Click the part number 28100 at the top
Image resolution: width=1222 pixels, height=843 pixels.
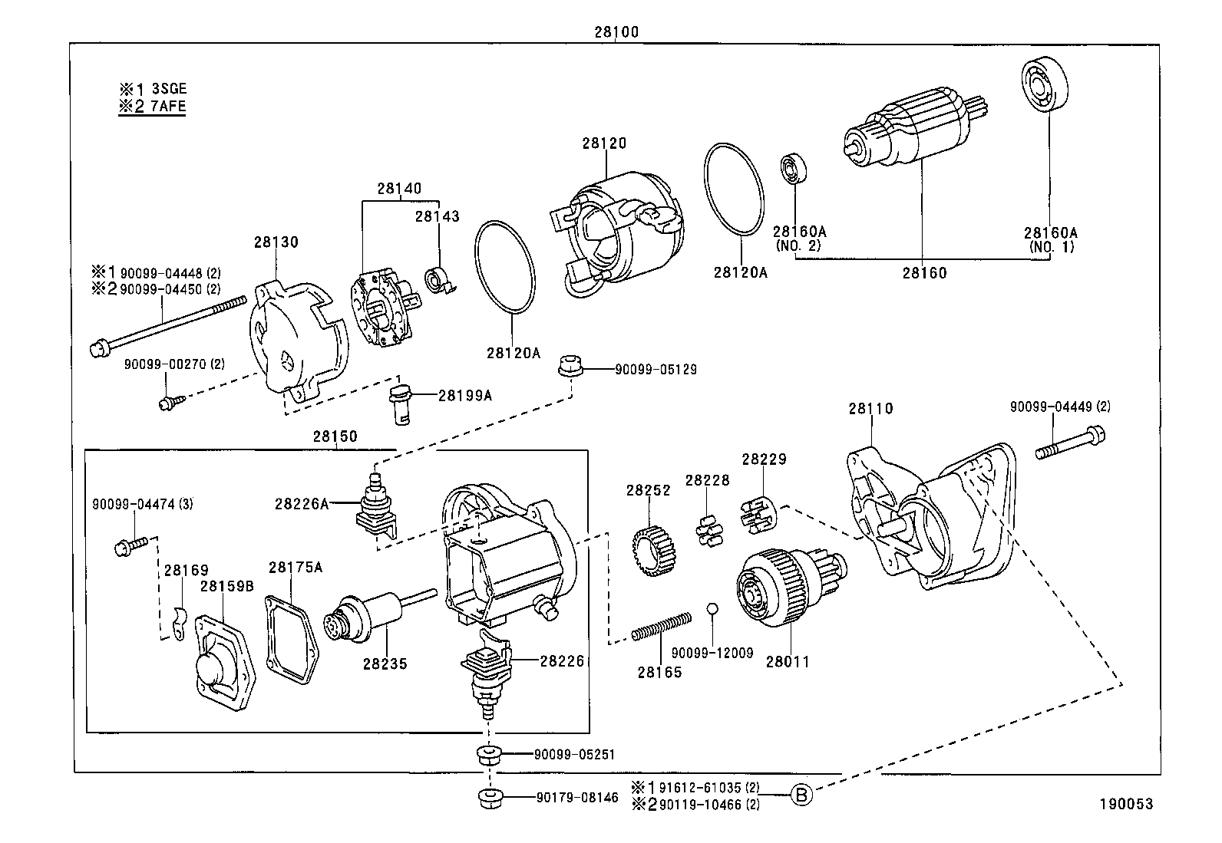pyautogui.click(x=616, y=32)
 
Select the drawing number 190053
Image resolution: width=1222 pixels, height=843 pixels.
pyautogui.click(x=1125, y=804)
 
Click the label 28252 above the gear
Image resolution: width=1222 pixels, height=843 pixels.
pyautogui.click(x=648, y=490)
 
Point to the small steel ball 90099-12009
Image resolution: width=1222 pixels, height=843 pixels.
pyautogui.click(x=712, y=608)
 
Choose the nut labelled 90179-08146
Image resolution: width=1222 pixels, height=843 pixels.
pyautogui.click(x=488, y=799)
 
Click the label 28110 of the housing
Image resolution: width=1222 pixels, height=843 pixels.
pyautogui.click(x=870, y=409)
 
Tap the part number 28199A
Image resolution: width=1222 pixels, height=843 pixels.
pyautogui.click(x=464, y=395)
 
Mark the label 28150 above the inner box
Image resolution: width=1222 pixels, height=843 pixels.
pyautogui.click(x=335, y=436)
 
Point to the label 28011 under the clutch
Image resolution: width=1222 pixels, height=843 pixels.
pyautogui.click(x=787, y=661)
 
